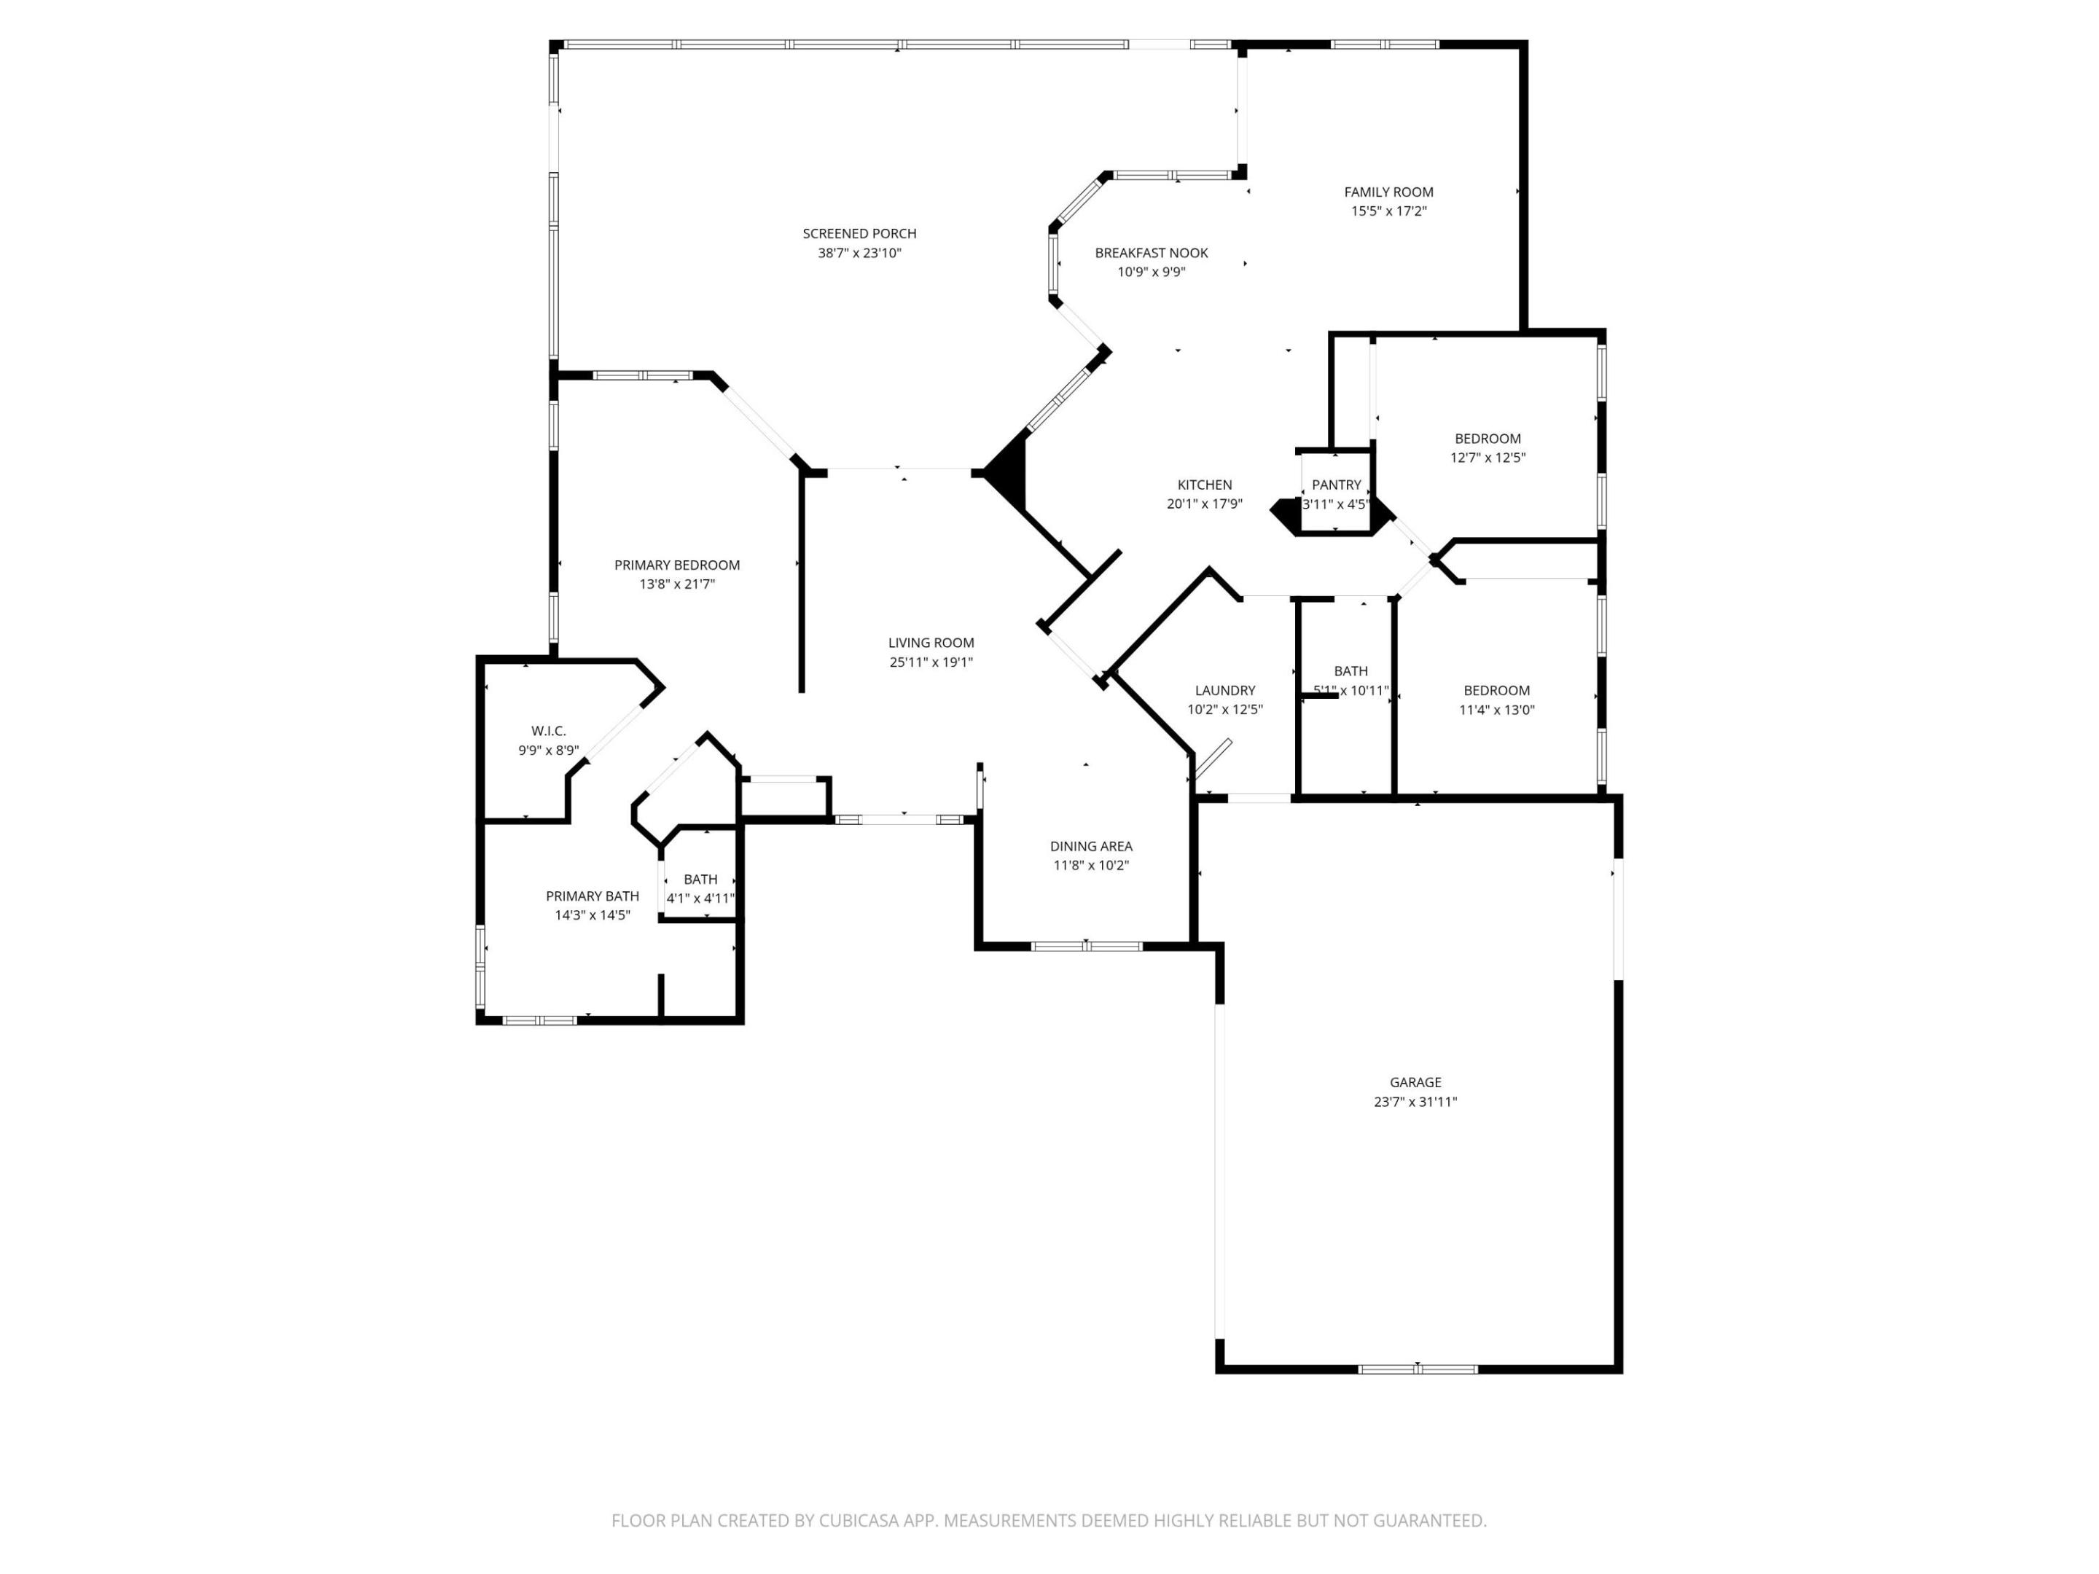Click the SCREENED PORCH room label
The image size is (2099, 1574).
pyautogui.click(x=859, y=233)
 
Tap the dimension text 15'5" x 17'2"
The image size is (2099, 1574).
pyautogui.click(x=1388, y=211)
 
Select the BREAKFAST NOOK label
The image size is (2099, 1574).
pyautogui.click(x=1151, y=252)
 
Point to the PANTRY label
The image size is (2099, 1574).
pyautogui.click(x=1336, y=485)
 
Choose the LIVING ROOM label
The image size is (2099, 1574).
pyautogui.click(x=931, y=642)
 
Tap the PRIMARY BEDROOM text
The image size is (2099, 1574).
pyautogui.click(x=676, y=565)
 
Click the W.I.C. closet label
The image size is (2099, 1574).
pyautogui.click(x=549, y=731)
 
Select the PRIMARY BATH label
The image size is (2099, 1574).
pyautogui.click(x=592, y=896)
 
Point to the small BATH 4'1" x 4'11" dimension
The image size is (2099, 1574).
pyautogui.click(x=700, y=898)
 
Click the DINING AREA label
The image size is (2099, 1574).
pyautogui.click(x=1090, y=846)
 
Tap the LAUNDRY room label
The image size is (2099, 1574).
pyautogui.click(x=1225, y=691)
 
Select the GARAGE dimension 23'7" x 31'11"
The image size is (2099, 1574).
pyautogui.click(x=1415, y=1102)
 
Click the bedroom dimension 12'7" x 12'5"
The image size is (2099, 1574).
pyautogui.click(x=1487, y=458)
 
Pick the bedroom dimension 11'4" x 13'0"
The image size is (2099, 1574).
pyautogui.click(x=1496, y=710)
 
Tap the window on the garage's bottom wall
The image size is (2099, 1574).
pyautogui.click(x=1417, y=1369)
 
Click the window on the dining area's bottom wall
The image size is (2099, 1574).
pyautogui.click(x=1087, y=946)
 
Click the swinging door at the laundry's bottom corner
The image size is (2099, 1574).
pyautogui.click(x=1212, y=761)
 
